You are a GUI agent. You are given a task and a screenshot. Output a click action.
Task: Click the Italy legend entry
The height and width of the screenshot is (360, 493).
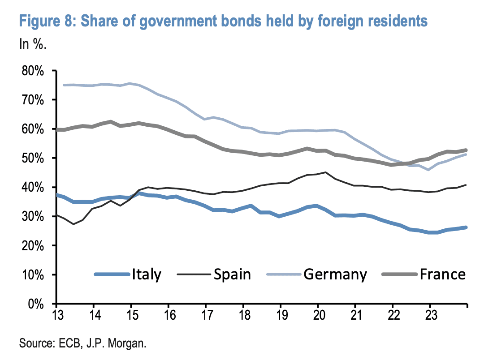[146, 274]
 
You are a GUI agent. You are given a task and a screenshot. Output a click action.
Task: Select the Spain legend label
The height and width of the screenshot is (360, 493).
[232, 274]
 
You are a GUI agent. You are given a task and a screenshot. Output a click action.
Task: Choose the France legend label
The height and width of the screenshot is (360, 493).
[443, 274]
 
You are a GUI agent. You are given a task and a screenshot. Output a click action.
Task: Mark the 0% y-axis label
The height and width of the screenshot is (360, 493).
[36, 304]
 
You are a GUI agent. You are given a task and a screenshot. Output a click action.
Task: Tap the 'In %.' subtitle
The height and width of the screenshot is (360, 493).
[33, 45]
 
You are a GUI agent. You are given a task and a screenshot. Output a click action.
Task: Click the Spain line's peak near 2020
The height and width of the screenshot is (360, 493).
[325, 172]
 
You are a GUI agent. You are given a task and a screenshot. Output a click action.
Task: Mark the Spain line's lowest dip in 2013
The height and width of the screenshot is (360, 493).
[74, 224]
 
